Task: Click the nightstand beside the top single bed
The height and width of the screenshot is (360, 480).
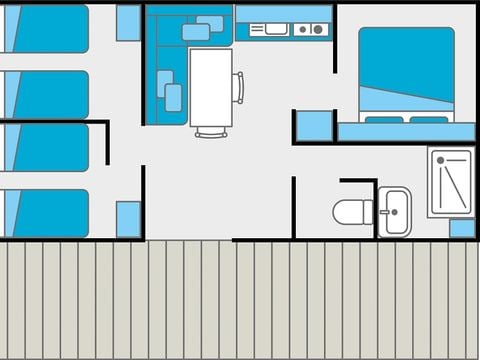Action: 128,23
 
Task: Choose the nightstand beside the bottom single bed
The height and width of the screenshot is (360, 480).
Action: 128,219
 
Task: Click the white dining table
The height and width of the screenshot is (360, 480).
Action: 210,87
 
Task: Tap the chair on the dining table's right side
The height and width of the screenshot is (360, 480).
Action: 238,87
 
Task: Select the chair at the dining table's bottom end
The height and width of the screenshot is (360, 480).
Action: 210,131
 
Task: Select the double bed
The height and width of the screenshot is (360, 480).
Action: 406,74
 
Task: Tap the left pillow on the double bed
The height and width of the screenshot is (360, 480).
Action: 384,119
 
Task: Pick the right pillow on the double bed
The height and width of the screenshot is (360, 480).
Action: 429,119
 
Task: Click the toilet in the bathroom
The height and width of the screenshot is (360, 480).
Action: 352,212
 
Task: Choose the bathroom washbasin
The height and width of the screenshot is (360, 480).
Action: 395,212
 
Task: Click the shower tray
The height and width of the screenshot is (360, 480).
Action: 451,182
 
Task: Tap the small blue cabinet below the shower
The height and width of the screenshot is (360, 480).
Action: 461,228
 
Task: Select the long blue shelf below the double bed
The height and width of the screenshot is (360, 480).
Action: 405,132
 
